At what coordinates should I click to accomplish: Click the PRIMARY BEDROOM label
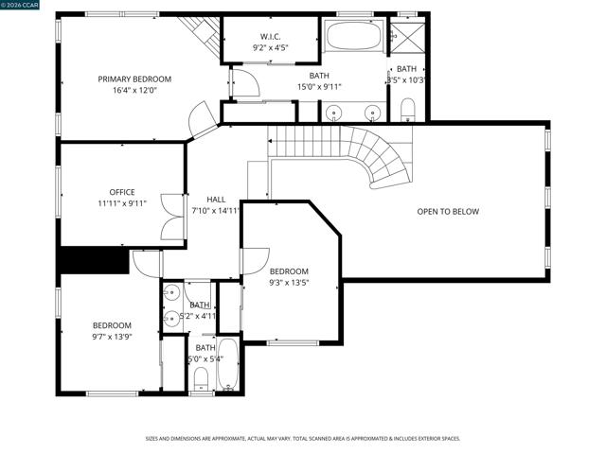[x=134, y=79]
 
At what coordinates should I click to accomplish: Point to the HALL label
[x=216, y=200]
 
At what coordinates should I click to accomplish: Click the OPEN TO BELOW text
[x=448, y=212]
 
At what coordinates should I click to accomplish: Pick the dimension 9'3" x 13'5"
[x=289, y=282]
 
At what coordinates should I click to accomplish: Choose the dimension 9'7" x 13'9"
[x=112, y=336]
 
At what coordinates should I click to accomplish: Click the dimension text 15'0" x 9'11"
[x=319, y=87]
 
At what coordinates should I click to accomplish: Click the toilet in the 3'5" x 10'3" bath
[x=408, y=109]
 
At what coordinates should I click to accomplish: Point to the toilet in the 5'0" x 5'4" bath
[x=200, y=380]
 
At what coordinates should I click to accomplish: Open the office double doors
[x=171, y=216]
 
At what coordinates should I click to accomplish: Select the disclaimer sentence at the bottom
[x=302, y=438]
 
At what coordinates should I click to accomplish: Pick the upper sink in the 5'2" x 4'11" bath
[x=171, y=291]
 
